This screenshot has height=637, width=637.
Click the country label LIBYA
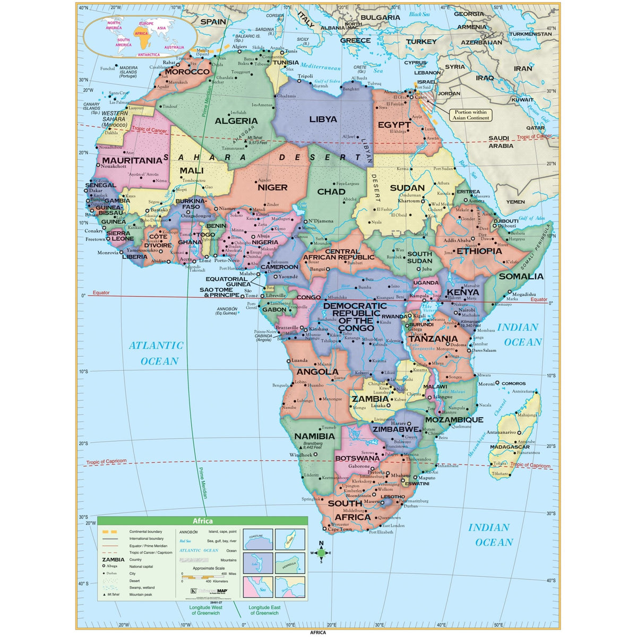[x=323, y=119]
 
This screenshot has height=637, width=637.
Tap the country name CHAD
[x=331, y=192]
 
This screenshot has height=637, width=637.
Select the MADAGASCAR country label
[x=510, y=447]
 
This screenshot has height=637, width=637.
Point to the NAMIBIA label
[x=315, y=436]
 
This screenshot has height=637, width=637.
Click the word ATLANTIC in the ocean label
[x=156, y=346]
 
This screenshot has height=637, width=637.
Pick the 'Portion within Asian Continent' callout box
[x=470, y=115]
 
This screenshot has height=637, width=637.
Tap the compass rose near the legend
[x=321, y=553]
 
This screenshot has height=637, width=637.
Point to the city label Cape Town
[x=340, y=529]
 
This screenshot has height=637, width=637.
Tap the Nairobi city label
[x=467, y=310]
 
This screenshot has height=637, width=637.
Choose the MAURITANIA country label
[x=132, y=160]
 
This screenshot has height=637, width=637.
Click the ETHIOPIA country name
[x=479, y=251]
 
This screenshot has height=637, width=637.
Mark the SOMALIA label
[x=521, y=276]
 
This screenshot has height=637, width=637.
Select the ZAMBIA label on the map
[x=370, y=399]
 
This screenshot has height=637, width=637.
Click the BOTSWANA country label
[x=357, y=458]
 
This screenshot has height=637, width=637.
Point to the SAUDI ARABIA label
[x=501, y=142]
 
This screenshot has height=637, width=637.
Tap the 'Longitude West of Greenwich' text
[x=204, y=610]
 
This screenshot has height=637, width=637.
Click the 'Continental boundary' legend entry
[x=146, y=531]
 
